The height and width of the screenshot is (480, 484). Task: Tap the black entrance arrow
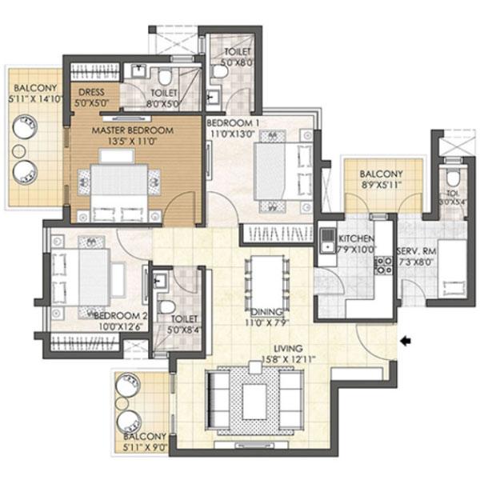pyautogui.click(x=406, y=341)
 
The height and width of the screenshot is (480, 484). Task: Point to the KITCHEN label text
pyautogui.click(x=353, y=239)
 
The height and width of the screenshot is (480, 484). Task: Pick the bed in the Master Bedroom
pyautogui.click(x=121, y=190)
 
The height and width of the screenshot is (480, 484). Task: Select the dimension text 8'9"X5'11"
pyautogui.click(x=381, y=184)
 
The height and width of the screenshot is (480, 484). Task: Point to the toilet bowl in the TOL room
pyautogui.click(x=453, y=178)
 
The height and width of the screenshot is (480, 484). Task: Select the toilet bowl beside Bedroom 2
pyautogui.click(x=167, y=307)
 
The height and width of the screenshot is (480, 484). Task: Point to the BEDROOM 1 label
pyautogui.click(x=234, y=123)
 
